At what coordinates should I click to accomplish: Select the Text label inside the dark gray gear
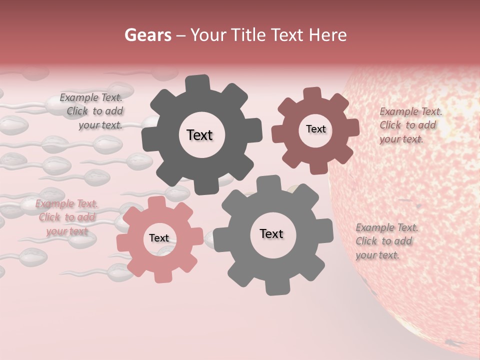[x=199, y=135]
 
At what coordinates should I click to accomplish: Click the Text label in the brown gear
[x=315, y=129]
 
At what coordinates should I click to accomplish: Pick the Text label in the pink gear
[x=159, y=238]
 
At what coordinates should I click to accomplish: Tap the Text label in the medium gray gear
[x=271, y=233]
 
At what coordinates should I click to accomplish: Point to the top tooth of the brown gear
[x=312, y=94]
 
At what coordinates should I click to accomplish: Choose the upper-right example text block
[x=410, y=125]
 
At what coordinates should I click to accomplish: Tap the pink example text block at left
[x=66, y=217]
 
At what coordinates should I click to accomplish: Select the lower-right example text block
[x=386, y=241]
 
